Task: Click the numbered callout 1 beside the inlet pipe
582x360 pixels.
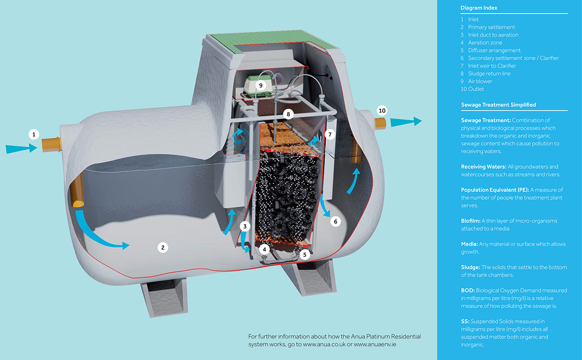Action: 34,134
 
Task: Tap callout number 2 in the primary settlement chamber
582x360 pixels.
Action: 162,247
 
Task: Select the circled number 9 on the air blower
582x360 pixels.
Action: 260,85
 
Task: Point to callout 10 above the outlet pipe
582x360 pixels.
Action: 382,111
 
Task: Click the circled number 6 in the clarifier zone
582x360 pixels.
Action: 336,221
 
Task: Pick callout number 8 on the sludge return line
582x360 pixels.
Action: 288,114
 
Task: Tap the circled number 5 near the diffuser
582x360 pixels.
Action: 305,255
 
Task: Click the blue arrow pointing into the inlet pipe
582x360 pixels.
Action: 21,148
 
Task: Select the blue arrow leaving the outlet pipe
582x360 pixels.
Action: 406,122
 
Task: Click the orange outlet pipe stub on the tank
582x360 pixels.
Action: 380,123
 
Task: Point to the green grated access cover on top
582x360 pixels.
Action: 273,41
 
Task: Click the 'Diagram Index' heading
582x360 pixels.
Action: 479,8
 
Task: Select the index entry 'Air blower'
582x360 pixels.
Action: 480,82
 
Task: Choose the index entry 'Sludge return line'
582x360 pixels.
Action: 489,74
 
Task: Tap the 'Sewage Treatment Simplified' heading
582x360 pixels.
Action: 499,105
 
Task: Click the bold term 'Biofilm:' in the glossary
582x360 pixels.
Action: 470,221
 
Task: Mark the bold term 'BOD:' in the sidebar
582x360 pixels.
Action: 468,290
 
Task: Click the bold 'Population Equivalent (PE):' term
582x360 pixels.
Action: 495,190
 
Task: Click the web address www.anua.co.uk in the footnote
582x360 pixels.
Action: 324,344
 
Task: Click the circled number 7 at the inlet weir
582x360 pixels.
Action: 330,134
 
